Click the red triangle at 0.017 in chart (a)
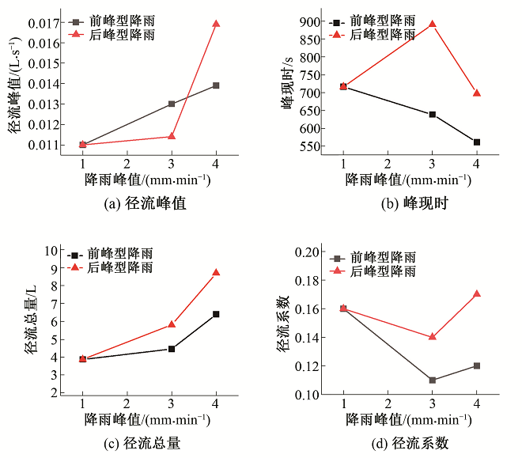click(216, 24)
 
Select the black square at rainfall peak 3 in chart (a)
click(172, 104)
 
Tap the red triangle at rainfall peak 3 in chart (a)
click(172, 136)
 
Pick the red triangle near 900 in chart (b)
click(432, 24)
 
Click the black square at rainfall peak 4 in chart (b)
click(477, 142)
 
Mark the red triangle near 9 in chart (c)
click(216, 272)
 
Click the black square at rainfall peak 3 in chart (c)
click(172, 348)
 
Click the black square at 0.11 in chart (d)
click(432, 380)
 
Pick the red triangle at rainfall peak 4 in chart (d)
click(477, 293)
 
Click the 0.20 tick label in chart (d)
click(308, 252)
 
